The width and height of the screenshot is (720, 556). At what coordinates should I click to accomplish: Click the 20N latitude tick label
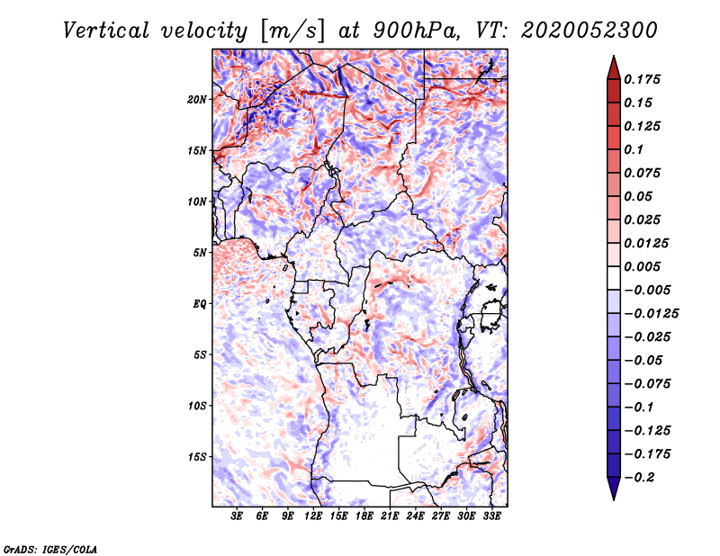pos(197,100)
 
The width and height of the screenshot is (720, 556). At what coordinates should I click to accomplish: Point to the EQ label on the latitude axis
pos(199,304)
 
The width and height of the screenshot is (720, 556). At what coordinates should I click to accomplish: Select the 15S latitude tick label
pos(197,457)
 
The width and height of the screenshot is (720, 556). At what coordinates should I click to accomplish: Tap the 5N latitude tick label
pos(200,253)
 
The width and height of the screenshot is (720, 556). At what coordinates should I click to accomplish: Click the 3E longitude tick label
pos(237,516)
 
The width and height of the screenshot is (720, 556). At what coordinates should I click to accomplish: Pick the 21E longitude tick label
pos(390,516)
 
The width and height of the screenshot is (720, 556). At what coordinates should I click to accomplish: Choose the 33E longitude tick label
pos(491,516)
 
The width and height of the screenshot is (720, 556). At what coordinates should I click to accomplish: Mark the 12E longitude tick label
pos(313,516)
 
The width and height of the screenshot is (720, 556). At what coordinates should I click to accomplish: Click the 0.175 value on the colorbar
pos(642,79)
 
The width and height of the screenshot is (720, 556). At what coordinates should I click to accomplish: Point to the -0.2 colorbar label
pos(639,478)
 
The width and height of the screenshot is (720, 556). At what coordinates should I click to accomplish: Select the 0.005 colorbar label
pos(642,266)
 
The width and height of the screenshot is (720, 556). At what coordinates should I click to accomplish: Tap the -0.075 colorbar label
pos(647,384)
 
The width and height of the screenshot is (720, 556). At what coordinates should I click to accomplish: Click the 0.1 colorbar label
pos(634,149)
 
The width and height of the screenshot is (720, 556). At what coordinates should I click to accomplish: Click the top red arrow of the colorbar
pos(614,67)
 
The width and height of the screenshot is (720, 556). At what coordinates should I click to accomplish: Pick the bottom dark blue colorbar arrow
pos(614,489)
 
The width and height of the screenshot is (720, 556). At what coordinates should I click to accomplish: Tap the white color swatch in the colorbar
pos(614,278)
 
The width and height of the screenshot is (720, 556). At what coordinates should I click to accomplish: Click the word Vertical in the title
pos(106,31)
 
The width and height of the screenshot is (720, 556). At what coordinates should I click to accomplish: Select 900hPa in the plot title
pos(416,31)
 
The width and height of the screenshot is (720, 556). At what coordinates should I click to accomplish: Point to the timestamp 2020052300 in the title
pos(589,31)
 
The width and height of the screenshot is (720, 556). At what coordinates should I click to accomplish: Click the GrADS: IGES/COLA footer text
pos(50,550)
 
